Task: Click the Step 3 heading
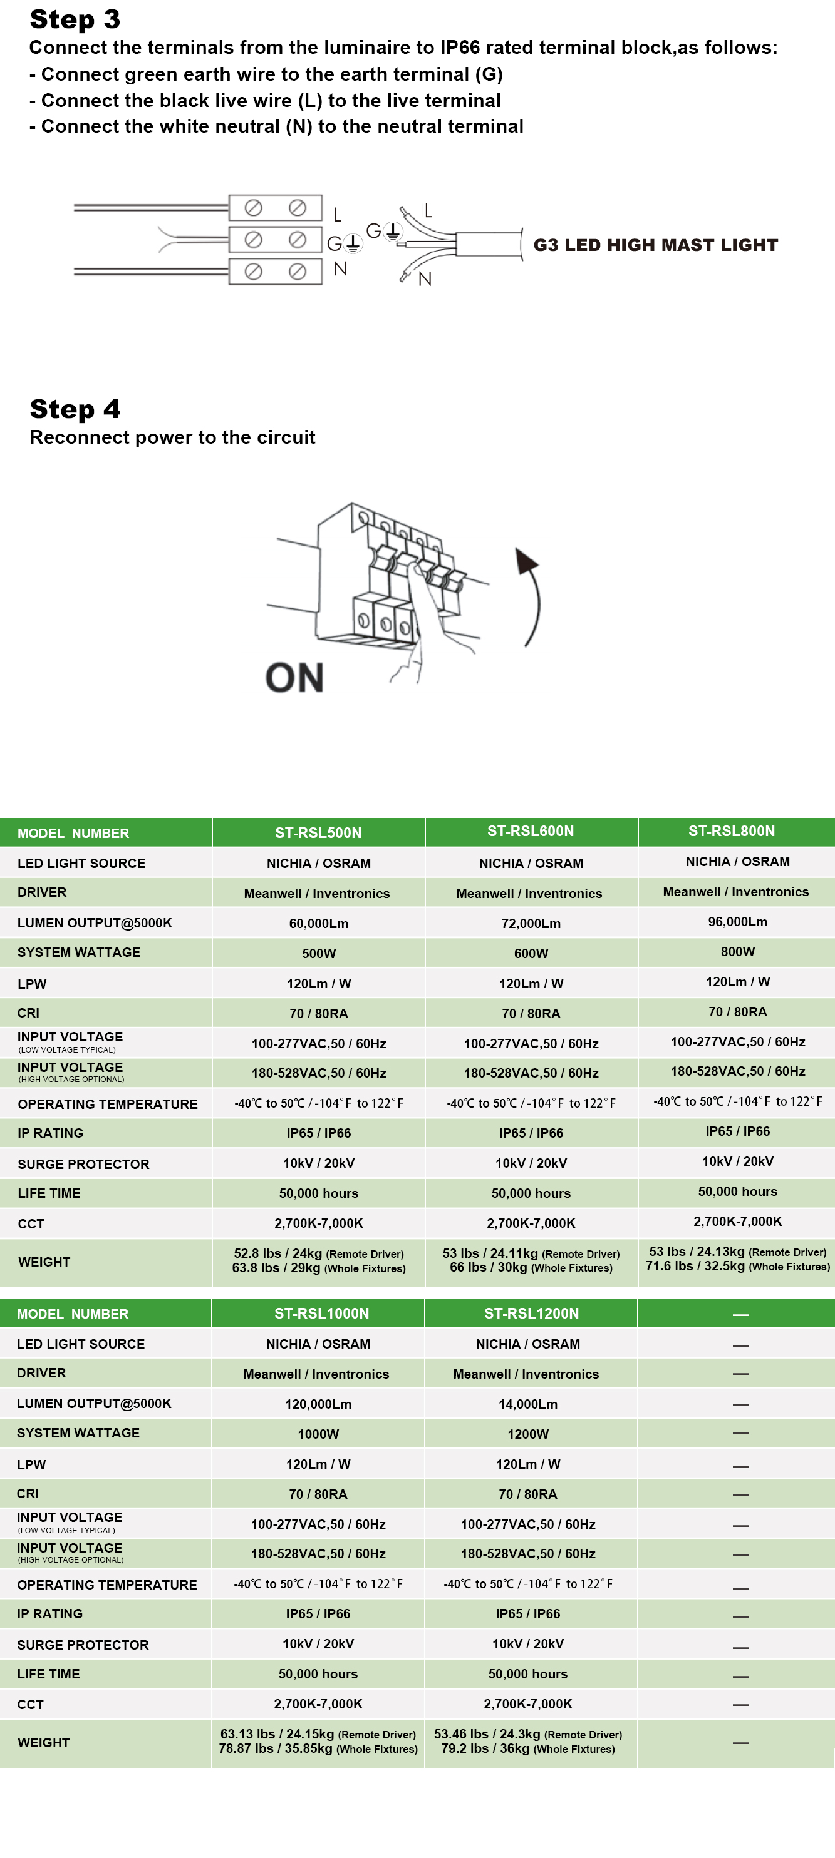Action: (x=75, y=19)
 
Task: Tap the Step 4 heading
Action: (x=75, y=409)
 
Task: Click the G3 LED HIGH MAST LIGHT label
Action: (x=655, y=245)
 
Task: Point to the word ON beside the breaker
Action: (x=294, y=678)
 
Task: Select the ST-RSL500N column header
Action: (x=318, y=833)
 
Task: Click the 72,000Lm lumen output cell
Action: (x=531, y=923)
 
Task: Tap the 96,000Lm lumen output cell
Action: (x=737, y=922)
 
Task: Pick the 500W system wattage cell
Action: (x=319, y=954)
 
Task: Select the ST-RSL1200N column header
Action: (x=531, y=1314)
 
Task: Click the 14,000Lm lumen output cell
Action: (x=528, y=1404)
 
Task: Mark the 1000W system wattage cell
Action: (x=318, y=1434)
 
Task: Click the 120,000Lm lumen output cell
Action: (x=318, y=1404)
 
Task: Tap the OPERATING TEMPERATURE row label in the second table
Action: (x=107, y=1585)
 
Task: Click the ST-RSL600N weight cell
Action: (x=531, y=1261)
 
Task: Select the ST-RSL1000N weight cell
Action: (x=318, y=1741)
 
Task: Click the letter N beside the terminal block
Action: (x=340, y=269)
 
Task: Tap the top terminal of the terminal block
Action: (x=275, y=208)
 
